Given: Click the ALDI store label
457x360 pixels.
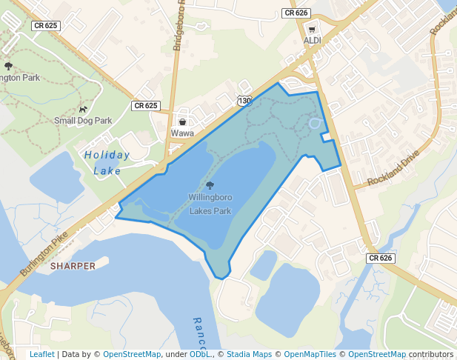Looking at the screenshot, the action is pos(312,41).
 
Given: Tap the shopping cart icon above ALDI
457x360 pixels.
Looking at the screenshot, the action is pos(312,30).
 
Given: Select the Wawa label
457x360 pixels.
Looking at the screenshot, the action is pos(182,133).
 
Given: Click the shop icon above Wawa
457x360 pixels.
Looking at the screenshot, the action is pos(182,122).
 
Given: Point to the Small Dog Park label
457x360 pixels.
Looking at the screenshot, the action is pos(83,121).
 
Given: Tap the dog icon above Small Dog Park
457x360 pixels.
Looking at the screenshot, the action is pos(83,109).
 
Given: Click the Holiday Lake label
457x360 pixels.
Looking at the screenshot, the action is pos(107,163).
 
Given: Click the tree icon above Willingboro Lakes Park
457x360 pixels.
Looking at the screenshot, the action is pos(210,186).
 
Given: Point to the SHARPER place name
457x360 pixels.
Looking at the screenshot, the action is pos(73,265).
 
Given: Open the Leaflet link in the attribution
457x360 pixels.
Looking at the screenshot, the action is pos(41,354).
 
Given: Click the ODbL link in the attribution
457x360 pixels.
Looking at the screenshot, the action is pos(199,354).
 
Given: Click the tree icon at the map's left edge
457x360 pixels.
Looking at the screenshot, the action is pos(8,66).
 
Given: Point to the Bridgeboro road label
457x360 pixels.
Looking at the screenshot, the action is pos(178,30).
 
